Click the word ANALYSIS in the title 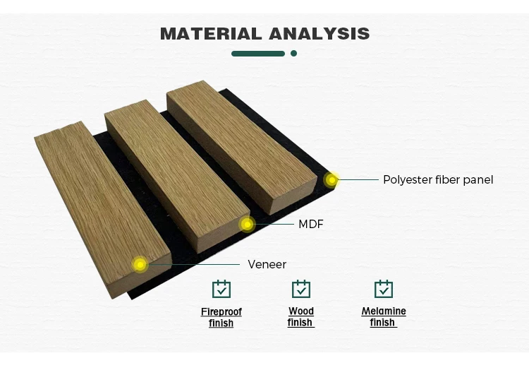(x=319, y=33)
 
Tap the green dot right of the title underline (x=293, y=53)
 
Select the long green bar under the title (x=258, y=54)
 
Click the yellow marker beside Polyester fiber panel (x=332, y=180)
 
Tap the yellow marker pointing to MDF (x=248, y=225)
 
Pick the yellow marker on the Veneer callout (x=140, y=265)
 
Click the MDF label (x=311, y=224)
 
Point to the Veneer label (x=267, y=264)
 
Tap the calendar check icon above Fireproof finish (x=221, y=289)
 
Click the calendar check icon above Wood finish (x=301, y=289)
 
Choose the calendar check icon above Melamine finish (x=384, y=289)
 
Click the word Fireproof (x=221, y=311)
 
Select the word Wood (x=301, y=311)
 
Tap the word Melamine (x=384, y=311)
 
